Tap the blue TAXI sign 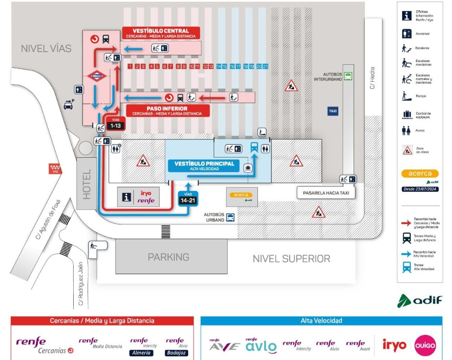332,111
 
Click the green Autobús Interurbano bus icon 348,76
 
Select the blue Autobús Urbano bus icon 230,218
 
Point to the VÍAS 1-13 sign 115,123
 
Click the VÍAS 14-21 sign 187,198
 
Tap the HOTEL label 87,183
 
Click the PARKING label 168,257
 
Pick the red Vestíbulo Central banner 160,33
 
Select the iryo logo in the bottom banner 394,345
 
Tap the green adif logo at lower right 420,300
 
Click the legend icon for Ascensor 407,33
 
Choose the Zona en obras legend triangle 407,150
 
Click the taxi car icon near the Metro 68,105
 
